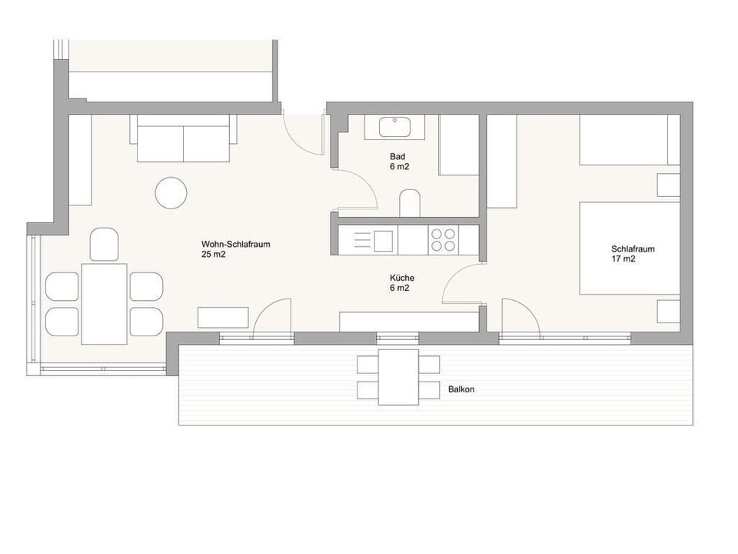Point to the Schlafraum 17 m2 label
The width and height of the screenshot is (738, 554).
point(633,254)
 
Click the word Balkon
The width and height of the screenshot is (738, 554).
point(461,389)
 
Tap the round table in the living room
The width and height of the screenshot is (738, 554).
point(171,192)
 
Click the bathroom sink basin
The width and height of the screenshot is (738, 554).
point(395,126)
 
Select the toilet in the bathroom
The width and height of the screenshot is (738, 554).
point(411,203)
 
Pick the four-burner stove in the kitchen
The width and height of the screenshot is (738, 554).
point(443,240)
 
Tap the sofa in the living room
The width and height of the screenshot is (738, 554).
point(184,139)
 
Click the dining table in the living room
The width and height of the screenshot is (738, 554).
point(105,304)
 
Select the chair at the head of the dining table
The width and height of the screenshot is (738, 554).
point(104,244)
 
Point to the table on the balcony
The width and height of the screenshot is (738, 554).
point(398,376)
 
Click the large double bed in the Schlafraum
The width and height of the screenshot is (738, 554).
point(630,248)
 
